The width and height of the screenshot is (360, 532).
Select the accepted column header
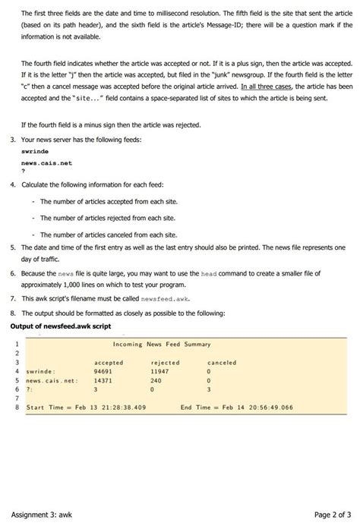[108, 363]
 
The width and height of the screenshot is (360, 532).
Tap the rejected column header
[165, 363]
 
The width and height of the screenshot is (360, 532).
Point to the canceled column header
[221, 363]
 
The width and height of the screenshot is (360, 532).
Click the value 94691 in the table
[103, 371]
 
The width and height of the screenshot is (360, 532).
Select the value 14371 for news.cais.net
[103, 380]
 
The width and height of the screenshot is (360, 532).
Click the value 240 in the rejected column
[157, 380]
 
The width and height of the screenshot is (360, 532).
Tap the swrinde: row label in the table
[39, 371]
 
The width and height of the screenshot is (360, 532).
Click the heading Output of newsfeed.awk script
[61, 326]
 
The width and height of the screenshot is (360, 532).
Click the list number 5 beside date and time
[13, 247]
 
